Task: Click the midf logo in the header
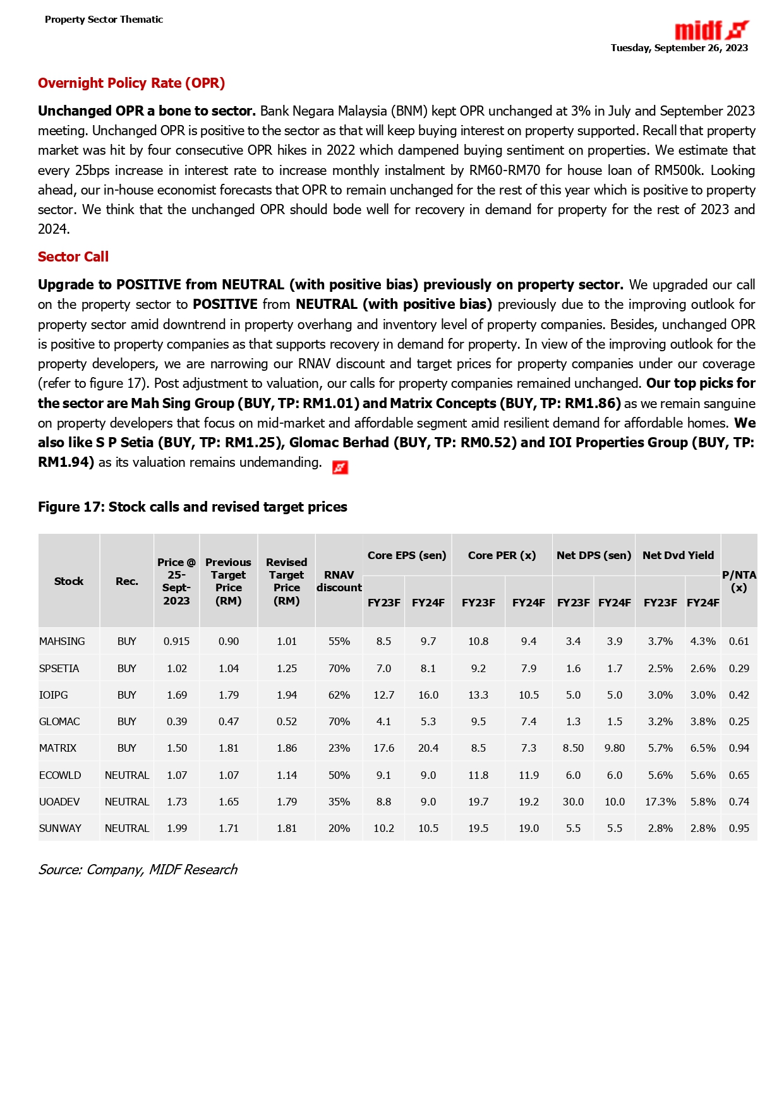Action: click(x=711, y=30)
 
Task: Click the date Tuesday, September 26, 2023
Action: click(x=679, y=48)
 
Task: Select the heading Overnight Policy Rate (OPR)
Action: click(x=131, y=83)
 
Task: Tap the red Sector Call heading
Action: click(x=73, y=257)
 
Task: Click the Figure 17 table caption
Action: click(x=193, y=507)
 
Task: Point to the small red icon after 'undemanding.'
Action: click(x=341, y=467)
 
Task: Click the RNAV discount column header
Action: click(x=339, y=581)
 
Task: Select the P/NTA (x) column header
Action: click(x=739, y=581)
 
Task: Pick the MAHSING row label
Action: click(x=62, y=641)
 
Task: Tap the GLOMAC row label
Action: click(x=58, y=721)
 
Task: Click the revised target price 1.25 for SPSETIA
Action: click(x=286, y=668)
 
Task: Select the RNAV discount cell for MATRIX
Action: click(x=339, y=748)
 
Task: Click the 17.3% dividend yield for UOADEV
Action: click(x=660, y=802)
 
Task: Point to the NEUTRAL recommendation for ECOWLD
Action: click(x=127, y=775)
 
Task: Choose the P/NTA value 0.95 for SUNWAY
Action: click(x=739, y=828)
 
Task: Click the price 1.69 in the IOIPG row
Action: click(x=177, y=695)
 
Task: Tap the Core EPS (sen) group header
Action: click(x=407, y=555)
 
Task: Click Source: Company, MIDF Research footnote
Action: click(x=138, y=870)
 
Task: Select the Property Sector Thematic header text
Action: click(x=104, y=20)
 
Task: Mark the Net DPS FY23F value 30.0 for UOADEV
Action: click(x=573, y=802)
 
